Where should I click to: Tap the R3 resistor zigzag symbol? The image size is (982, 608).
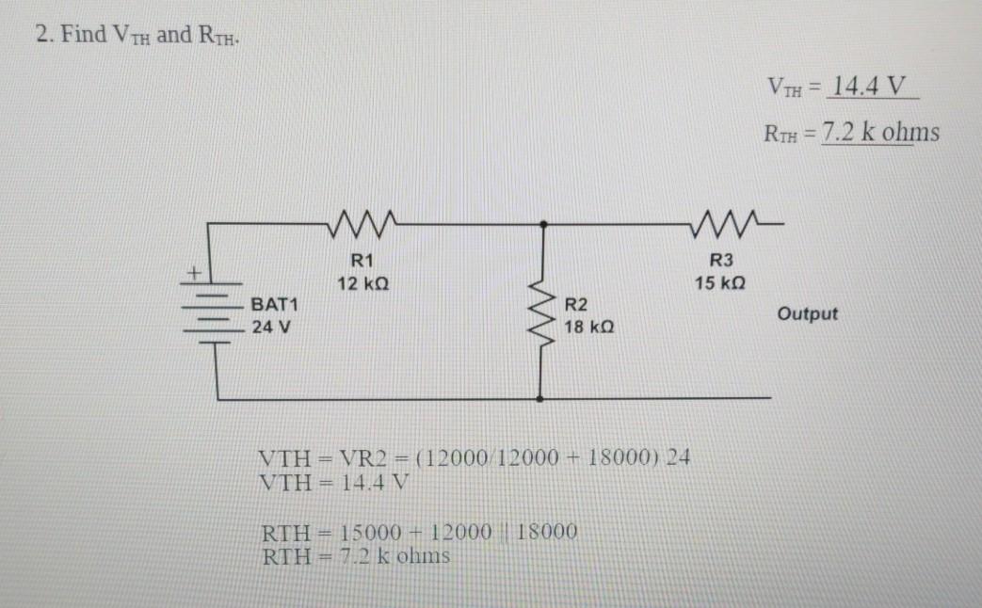[x=720, y=224]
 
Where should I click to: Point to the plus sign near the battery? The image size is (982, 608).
[x=193, y=273]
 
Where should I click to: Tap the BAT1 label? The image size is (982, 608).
[x=274, y=306]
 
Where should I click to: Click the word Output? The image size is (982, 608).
[x=807, y=313]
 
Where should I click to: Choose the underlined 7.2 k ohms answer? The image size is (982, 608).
[x=880, y=132]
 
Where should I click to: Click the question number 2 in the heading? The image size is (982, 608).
[x=42, y=36]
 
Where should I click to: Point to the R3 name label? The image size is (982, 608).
[x=720, y=261]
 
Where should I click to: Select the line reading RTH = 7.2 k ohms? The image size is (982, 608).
[x=355, y=555]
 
